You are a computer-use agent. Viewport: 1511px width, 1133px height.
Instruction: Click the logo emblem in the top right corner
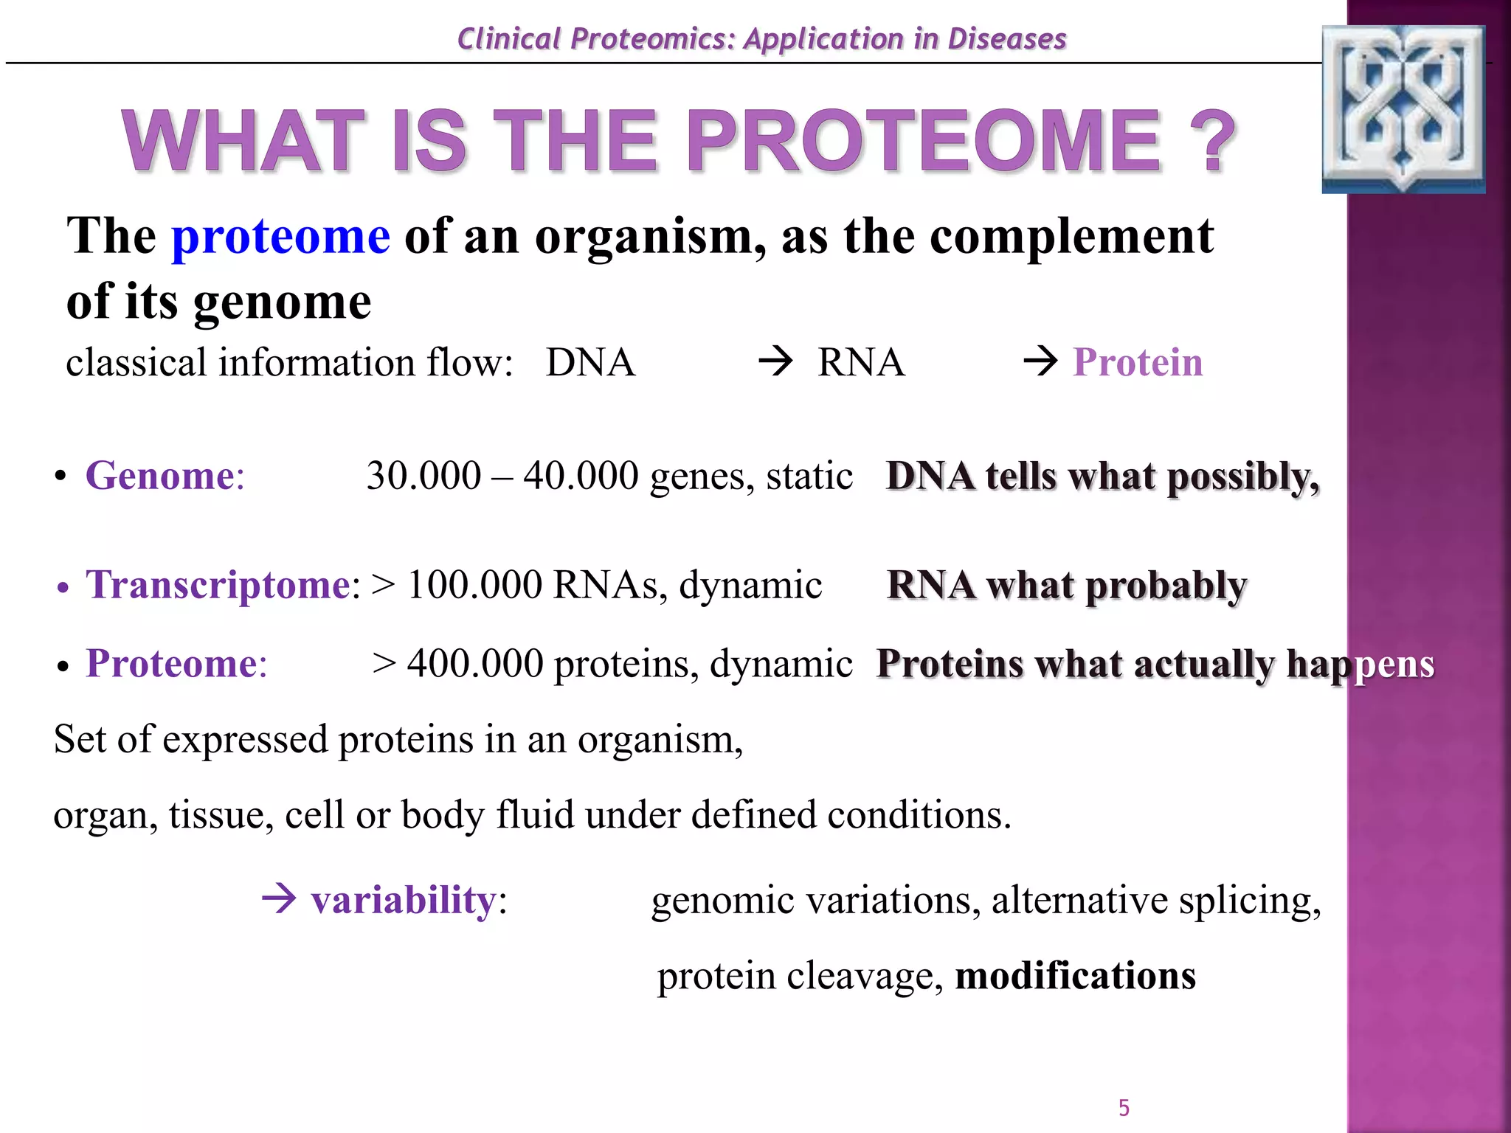[1403, 109]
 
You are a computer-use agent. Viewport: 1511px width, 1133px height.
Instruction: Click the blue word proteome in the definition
[280, 237]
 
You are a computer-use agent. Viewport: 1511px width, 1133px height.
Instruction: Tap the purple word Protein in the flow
[1137, 363]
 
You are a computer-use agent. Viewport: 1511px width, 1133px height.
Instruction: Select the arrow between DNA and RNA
[775, 362]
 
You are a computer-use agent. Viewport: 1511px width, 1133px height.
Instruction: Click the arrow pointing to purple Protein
[1040, 362]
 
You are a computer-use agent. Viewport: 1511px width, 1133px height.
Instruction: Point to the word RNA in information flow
[860, 363]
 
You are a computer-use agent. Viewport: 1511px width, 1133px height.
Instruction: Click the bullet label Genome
[160, 476]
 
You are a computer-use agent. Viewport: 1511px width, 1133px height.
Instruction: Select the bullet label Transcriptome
[218, 585]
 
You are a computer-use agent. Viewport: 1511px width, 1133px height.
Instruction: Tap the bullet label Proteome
[171, 664]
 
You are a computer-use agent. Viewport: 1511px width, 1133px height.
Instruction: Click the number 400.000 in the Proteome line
[475, 664]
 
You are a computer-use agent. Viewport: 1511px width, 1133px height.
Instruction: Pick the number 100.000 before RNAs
[475, 585]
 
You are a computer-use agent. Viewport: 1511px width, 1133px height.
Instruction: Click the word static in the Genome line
[809, 476]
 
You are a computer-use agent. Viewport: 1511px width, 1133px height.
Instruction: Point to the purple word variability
[404, 901]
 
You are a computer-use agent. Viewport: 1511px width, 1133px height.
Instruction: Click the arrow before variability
[279, 900]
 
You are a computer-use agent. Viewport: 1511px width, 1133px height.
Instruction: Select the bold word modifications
[1075, 976]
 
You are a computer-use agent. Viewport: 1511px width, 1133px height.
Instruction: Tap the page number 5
[1124, 1108]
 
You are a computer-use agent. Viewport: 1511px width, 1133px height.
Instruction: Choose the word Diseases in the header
[1006, 39]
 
